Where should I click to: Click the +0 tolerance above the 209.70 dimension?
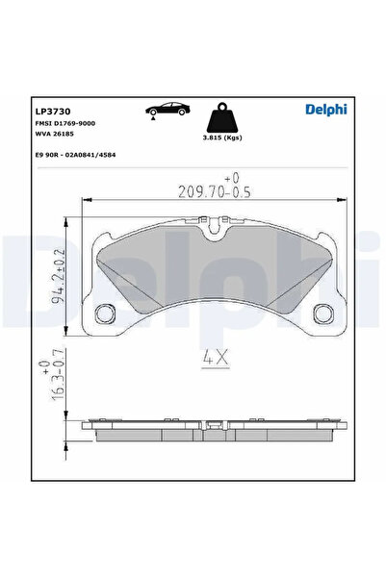tap(231, 178)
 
